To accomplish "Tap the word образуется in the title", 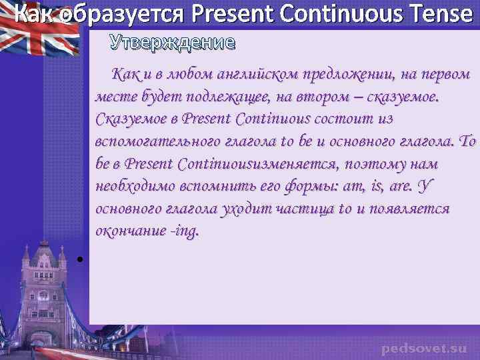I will point(100,14).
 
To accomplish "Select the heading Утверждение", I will point(173,43).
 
